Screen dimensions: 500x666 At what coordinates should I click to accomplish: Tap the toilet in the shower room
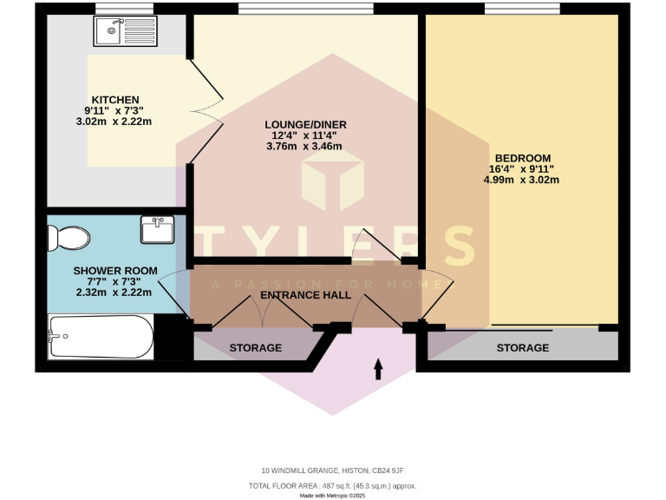(x=67, y=236)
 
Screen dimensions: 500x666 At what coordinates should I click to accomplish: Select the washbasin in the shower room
(x=157, y=230)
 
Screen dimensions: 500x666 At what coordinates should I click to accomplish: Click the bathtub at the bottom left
(x=101, y=337)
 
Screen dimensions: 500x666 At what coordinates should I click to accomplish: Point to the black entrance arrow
(x=378, y=370)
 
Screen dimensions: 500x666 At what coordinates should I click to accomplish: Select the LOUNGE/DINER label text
(x=305, y=125)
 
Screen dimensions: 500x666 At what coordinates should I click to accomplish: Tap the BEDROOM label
(x=522, y=158)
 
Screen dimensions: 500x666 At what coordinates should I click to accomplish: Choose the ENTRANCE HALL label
(x=306, y=295)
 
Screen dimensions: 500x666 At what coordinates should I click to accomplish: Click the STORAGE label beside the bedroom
(x=522, y=347)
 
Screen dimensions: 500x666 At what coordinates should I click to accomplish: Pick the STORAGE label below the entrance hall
(x=255, y=347)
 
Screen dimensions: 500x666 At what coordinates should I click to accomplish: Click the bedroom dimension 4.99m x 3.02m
(x=521, y=180)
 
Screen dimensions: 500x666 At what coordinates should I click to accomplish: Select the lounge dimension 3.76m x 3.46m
(x=305, y=147)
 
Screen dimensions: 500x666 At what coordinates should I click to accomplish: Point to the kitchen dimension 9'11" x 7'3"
(x=114, y=110)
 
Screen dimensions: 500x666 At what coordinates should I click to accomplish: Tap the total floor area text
(x=332, y=485)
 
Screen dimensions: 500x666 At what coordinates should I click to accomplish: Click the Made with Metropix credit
(x=332, y=496)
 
